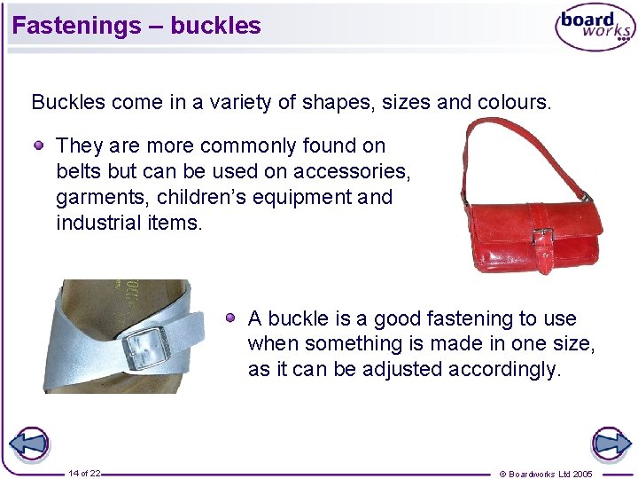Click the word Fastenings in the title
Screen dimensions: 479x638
click(76, 25)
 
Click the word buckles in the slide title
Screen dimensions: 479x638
click(215, 25)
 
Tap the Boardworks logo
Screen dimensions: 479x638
click(595, 27)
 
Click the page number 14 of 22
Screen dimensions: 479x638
click(84, 474)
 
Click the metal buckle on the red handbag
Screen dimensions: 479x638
click(543, 237)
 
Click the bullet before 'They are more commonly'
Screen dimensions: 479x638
click(41, 145)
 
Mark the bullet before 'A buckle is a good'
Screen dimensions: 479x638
click(230, 318)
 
